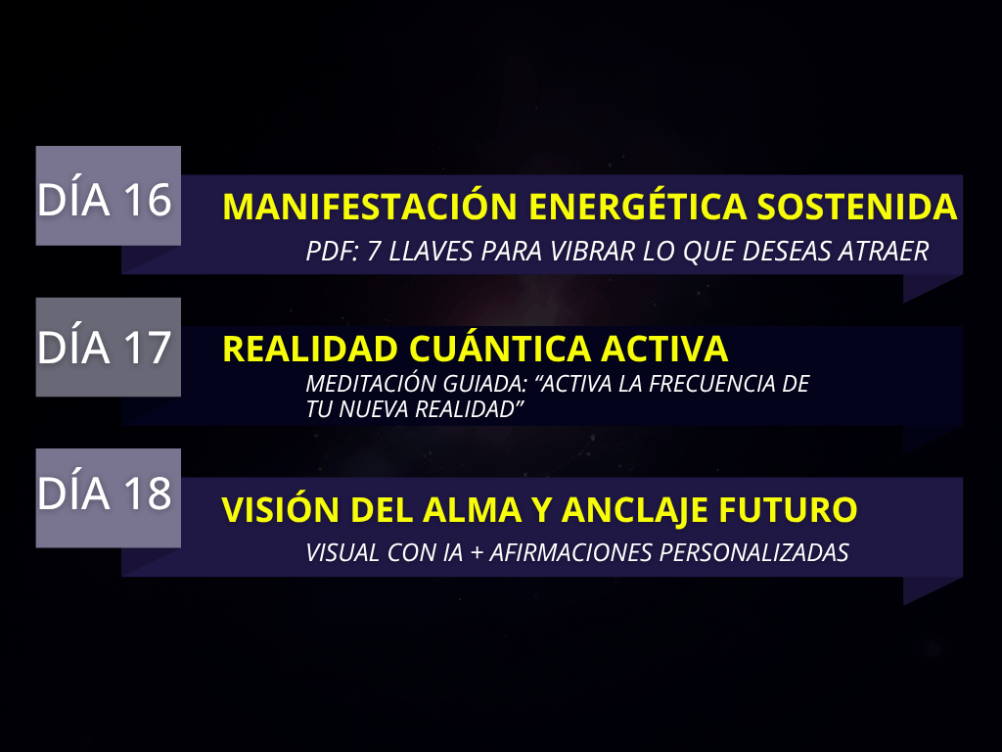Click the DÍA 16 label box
click(x=108, y=196)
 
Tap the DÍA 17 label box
click(x=108, y=348)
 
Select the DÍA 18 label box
click(x=108, y=498)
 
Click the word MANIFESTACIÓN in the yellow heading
click(x=369, y=206)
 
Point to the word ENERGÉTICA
click(x=638, y=206)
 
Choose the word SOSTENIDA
click(x=857, y=206)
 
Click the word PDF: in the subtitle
click(x=332, y=252)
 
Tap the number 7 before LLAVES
click(x=374, y=252)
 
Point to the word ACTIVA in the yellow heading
click(x=664, y=349)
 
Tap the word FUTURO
click(x=789, y=509)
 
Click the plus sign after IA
click(x=477, y=553)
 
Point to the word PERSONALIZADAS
click(x=754, y=552)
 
